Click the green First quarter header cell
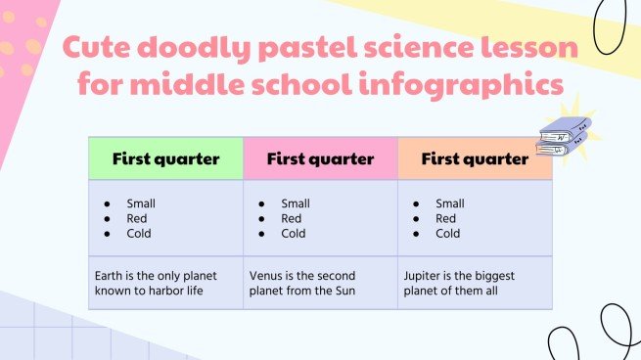[165, 158]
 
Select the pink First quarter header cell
[320, 158]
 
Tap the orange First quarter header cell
[475, 158]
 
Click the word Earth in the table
[109, 276]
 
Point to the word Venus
[267, 276]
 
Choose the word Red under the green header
[137, 219]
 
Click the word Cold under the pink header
[294, 234]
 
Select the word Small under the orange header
[450, 203]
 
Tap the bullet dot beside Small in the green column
[105, 203]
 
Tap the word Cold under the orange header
[448, 234]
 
